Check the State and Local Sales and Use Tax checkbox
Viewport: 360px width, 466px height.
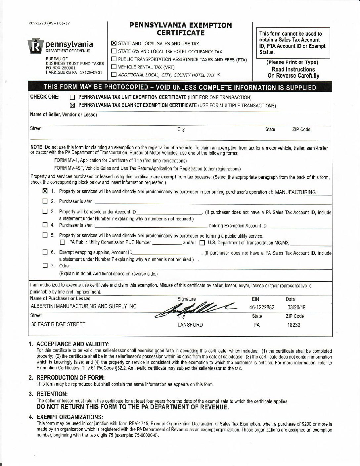(x=114, y=44)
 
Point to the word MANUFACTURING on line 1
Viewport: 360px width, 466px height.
(x=295, y=192)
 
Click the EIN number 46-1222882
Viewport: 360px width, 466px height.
(x=261, y=307)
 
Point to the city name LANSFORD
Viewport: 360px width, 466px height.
(x=190, y=325)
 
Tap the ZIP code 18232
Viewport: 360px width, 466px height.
(x=293, y=325)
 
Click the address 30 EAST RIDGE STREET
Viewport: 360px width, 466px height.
(x=58, y=324)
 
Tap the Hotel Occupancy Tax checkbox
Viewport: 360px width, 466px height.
(x=114, y=52)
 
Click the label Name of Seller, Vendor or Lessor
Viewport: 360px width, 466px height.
(x=64, y=115)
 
